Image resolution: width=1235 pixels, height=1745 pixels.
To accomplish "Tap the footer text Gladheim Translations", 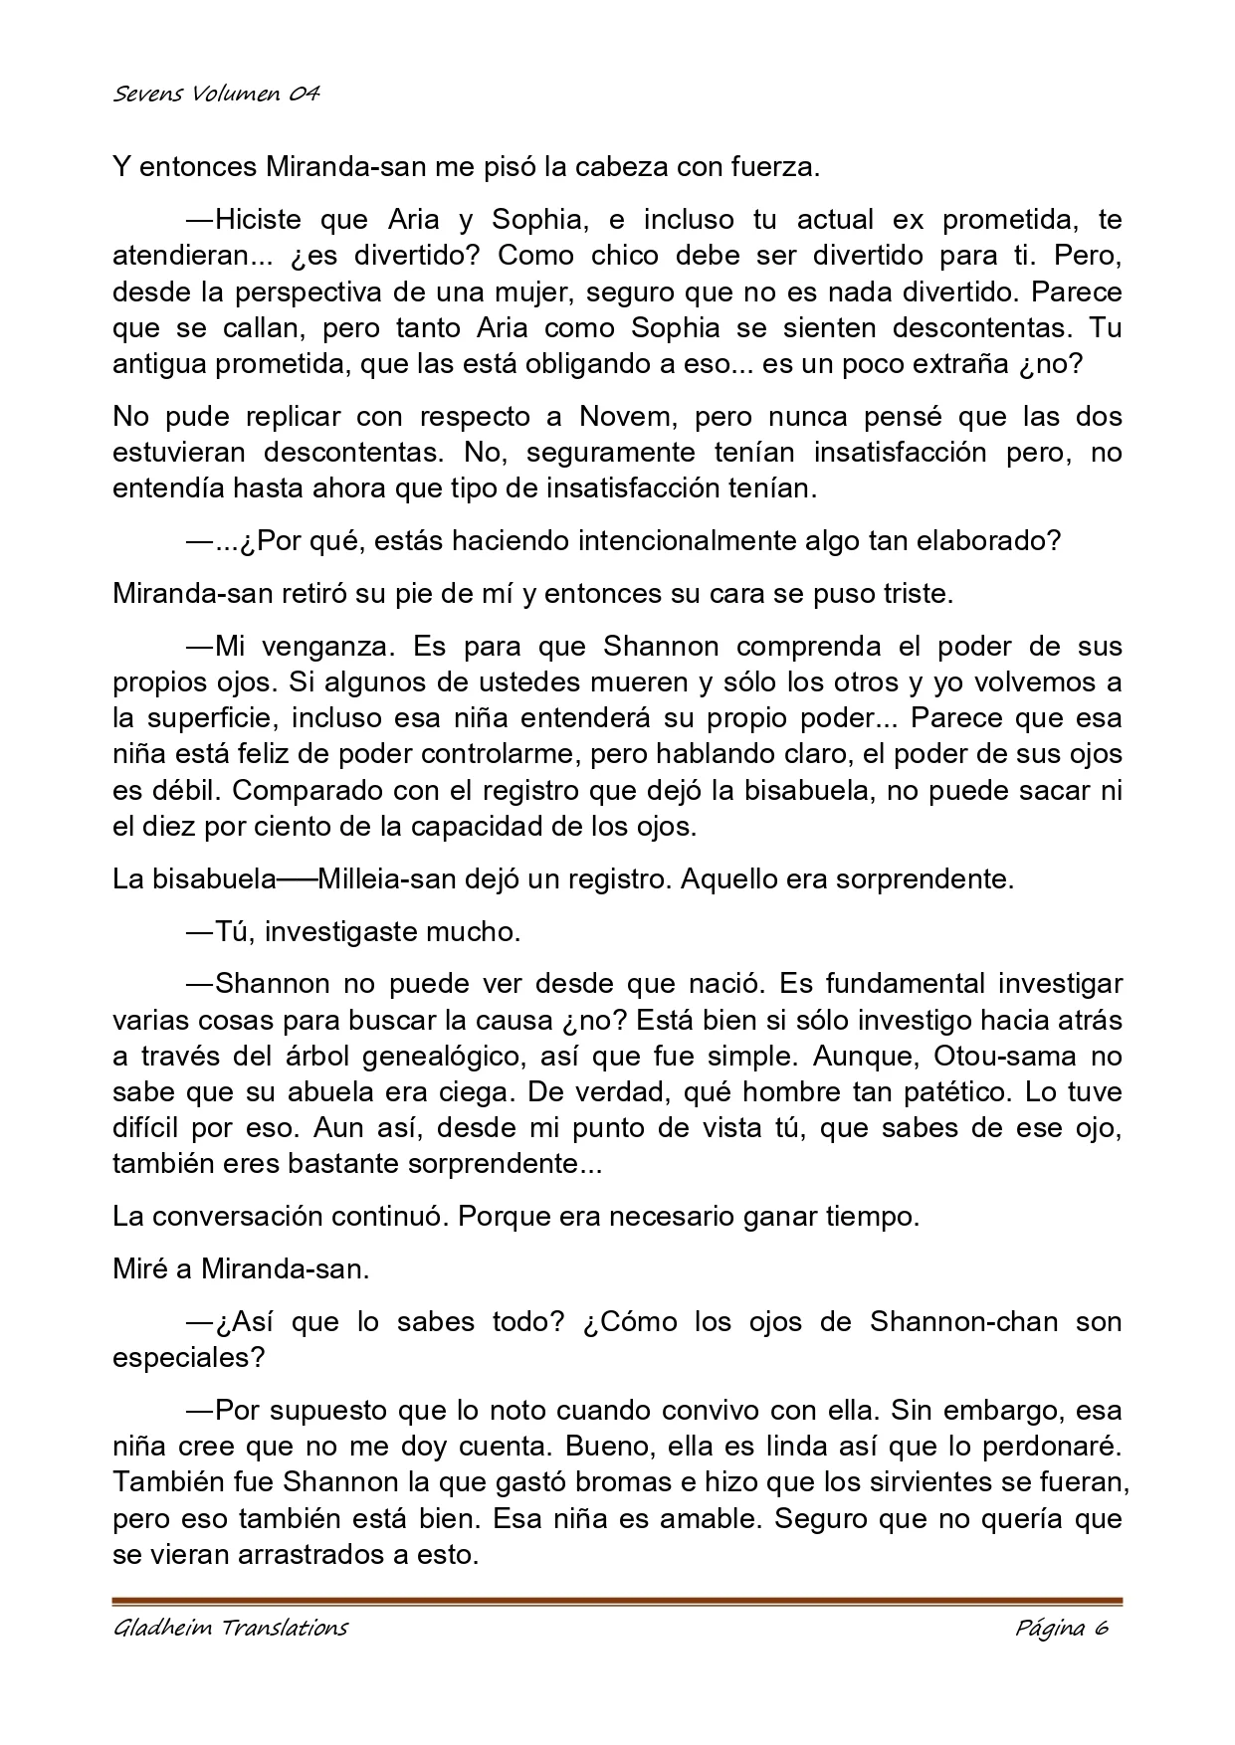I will (x=230, y=1628).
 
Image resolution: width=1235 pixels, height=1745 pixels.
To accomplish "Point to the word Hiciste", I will (x=262, y=219).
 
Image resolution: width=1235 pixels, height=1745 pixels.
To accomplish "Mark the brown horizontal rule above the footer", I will (x=617, y=1601).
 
